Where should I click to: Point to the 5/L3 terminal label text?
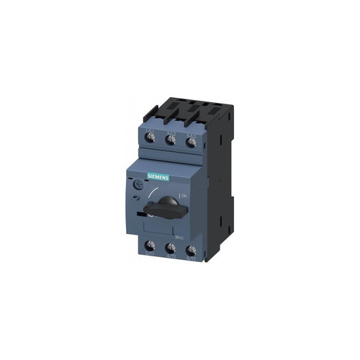191,131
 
